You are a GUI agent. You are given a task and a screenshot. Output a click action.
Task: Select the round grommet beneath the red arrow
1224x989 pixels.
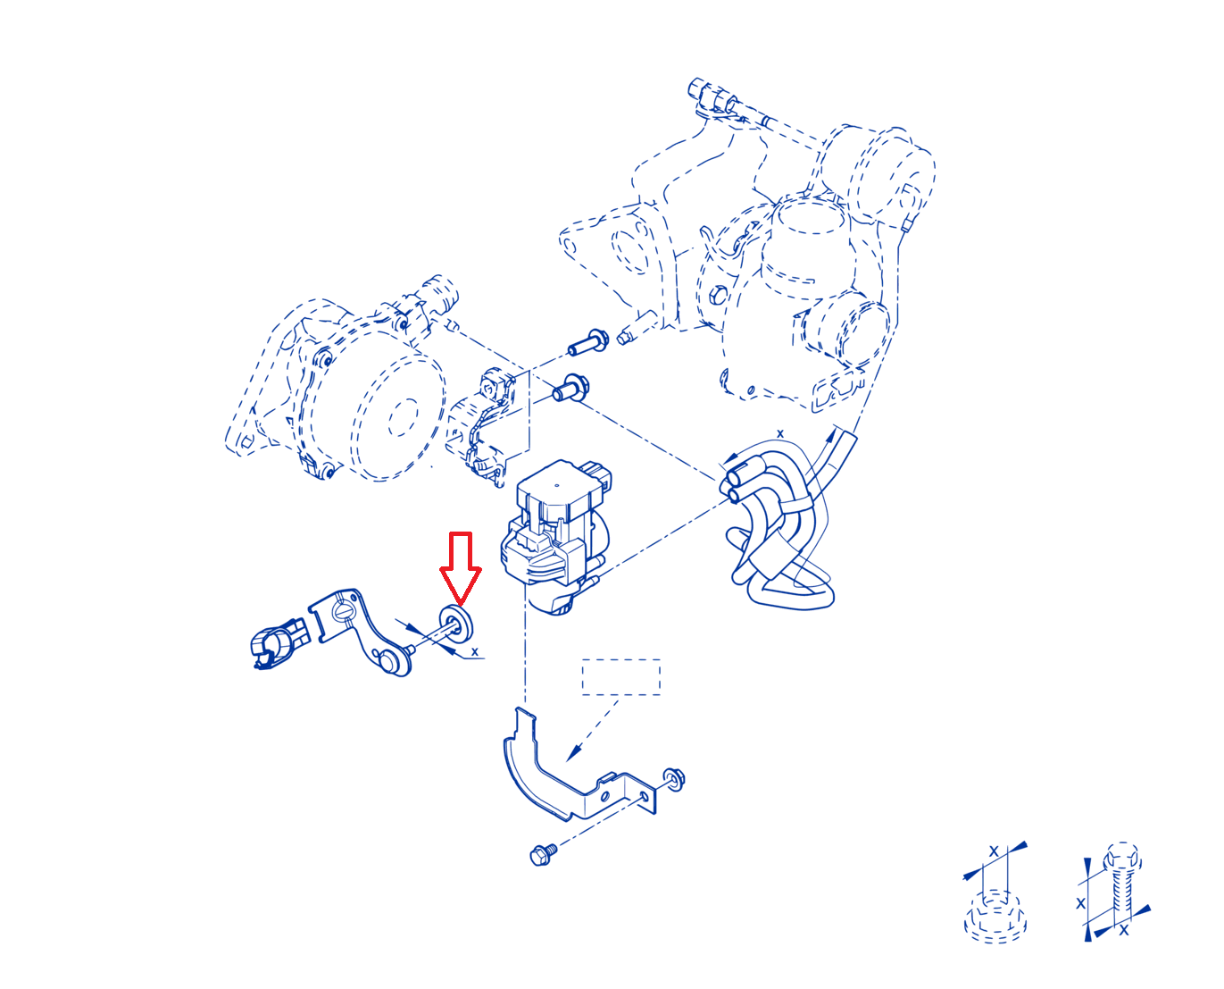(456, 624)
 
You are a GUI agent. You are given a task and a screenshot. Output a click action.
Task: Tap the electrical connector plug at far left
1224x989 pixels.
(279, 643)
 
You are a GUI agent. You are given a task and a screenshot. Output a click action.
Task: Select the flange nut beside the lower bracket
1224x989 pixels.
(673, 780)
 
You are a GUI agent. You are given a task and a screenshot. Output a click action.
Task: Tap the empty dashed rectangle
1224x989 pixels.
(621, 677)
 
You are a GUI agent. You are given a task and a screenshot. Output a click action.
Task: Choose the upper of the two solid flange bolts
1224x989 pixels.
(588, 342)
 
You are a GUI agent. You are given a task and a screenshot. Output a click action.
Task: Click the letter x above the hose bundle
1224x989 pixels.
(779, 433)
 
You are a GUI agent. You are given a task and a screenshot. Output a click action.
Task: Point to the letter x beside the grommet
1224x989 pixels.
(475, 652)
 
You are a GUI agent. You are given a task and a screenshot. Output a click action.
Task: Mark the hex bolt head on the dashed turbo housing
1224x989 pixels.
(718, 296)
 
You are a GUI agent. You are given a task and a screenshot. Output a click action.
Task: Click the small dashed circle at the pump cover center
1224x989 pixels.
(403, 417)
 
